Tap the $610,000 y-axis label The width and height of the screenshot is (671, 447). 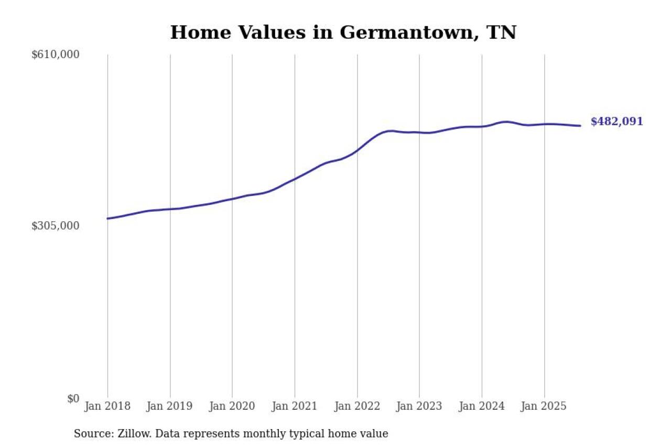(56, 54)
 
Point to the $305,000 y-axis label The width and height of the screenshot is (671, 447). (56, 226)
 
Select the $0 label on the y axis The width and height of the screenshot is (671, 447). (73, 399)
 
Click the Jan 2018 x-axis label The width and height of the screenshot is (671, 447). (107, 407)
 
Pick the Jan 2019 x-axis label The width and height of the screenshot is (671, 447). (170, 407)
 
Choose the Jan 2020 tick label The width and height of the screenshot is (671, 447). (232, 407)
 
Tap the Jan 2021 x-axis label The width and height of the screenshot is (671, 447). (295, 407)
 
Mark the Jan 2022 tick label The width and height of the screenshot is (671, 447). (357, 407)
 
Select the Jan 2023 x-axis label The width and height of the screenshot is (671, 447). (419, 407)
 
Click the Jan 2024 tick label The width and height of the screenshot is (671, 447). (482, 407)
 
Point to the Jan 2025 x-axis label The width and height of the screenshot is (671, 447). (544, 407)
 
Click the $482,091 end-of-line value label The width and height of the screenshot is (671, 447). (616, 122)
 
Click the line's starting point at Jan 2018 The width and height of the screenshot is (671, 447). (107, 219)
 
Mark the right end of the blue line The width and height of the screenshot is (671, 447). (580, 126)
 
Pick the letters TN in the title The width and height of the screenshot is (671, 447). (501, 32)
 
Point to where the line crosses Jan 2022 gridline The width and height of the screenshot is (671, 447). (357, 150)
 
